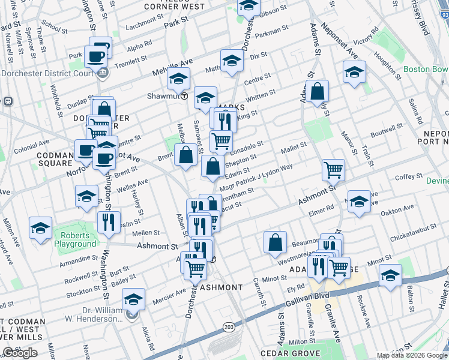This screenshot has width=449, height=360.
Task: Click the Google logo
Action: pos(20,353)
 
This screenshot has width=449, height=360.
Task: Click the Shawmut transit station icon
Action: pos(184,95)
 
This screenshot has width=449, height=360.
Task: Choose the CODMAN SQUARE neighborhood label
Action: pos(54,159)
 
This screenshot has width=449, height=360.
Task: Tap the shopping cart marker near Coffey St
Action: pos(333,169)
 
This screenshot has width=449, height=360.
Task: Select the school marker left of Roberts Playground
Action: pos(40,228)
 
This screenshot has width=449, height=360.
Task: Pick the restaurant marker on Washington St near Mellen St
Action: pos(109,222)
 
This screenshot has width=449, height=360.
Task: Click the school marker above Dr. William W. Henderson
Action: pos(133,299)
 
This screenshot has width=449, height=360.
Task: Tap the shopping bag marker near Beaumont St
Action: pos(275,242)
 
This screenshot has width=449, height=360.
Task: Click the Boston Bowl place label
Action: pos(426,69)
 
